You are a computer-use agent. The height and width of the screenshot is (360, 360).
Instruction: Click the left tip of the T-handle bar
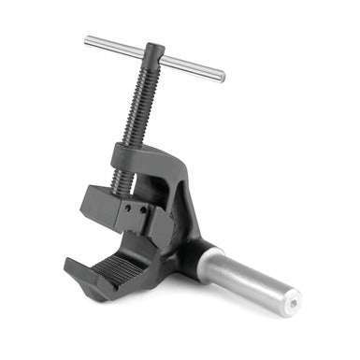88,40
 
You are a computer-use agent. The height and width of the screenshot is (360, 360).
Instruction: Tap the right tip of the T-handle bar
222,77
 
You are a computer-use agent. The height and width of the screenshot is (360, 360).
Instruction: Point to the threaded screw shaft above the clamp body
140,103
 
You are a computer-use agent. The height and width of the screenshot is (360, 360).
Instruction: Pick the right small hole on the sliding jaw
142,209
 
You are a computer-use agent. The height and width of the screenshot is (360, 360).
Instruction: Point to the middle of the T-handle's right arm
193,68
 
